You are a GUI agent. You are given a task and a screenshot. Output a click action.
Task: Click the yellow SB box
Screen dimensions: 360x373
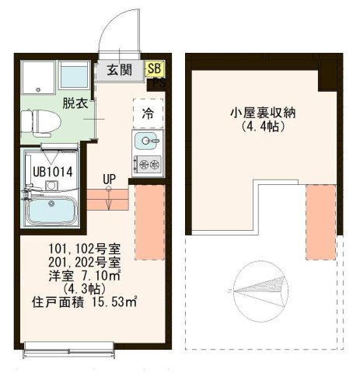point(155,68)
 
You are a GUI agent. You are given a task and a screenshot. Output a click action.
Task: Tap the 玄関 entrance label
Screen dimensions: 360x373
point(120,69)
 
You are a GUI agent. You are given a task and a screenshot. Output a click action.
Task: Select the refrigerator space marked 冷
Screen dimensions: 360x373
point(148,113)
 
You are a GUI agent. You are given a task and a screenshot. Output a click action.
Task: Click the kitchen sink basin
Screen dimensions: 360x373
point(145,141)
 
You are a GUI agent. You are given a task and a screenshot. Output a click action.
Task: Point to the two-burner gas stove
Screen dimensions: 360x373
point(148,165)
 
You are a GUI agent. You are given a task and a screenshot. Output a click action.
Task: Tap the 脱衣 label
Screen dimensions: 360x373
point(75,103)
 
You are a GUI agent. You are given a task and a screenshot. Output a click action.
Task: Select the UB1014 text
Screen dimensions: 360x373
point(53,172)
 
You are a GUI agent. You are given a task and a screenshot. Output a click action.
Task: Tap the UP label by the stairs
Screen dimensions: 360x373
point(109,179)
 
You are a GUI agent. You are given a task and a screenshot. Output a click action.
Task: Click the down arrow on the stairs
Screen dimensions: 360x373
point(109,198)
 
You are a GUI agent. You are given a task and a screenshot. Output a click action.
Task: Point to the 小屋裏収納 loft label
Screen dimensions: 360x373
point(263,113)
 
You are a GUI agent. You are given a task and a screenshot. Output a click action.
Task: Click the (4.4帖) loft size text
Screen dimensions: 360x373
point(263,127)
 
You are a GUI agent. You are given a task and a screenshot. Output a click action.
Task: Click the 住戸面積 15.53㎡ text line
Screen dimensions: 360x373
point(84,302)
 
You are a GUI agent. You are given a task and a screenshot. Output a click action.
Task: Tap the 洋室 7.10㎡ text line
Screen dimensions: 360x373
point(85,276)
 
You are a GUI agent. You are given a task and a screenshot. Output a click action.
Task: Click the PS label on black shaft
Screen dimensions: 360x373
point(159,83)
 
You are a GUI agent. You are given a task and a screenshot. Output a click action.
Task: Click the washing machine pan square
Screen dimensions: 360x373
point(38,77)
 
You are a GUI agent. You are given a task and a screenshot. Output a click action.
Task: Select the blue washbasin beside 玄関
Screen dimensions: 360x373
point(75,75)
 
